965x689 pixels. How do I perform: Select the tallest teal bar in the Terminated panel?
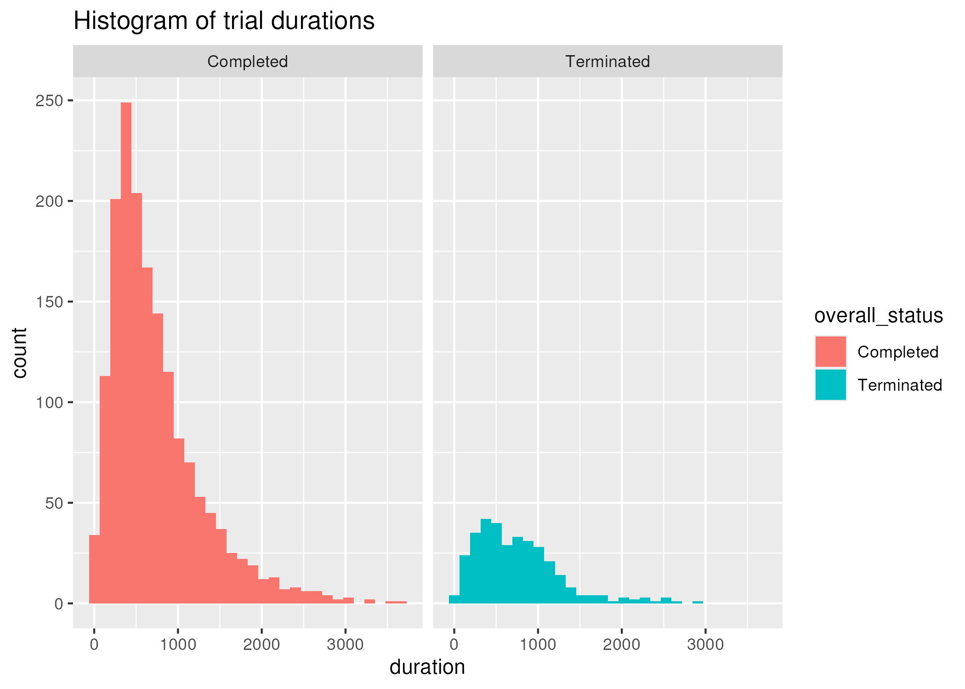click(x=486, y=561)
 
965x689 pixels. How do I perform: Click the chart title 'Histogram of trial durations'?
click(x=224, y=21)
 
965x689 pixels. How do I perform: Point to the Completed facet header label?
click(x=247, y=62)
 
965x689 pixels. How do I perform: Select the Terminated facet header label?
click(x=607, y=62)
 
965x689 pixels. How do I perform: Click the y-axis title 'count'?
click(x=20, y=353)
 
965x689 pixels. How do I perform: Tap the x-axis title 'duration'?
click(x=427, y=667)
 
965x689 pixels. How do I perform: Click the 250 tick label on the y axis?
click(x=49, y=101)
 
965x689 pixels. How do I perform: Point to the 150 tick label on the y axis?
click(x=49, y=302)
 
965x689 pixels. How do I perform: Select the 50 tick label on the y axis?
click(x=54, y=503)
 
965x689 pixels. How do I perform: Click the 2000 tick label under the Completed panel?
click(x=261, y=644)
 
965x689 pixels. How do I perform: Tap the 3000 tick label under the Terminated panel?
click(x=705, y=644)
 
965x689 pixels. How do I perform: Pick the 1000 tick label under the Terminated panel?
click(x=538, y=644)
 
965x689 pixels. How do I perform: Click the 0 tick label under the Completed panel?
click(x=94, y=644)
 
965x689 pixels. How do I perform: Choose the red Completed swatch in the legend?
click(x=830, y=352)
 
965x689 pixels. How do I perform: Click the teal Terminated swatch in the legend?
click(x=830, y=385)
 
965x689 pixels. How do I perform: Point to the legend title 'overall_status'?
click(x=878, y=316)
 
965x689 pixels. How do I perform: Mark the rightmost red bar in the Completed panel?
click(x=396, y=602)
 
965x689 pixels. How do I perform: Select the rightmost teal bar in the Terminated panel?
click(x=698, y=602)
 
